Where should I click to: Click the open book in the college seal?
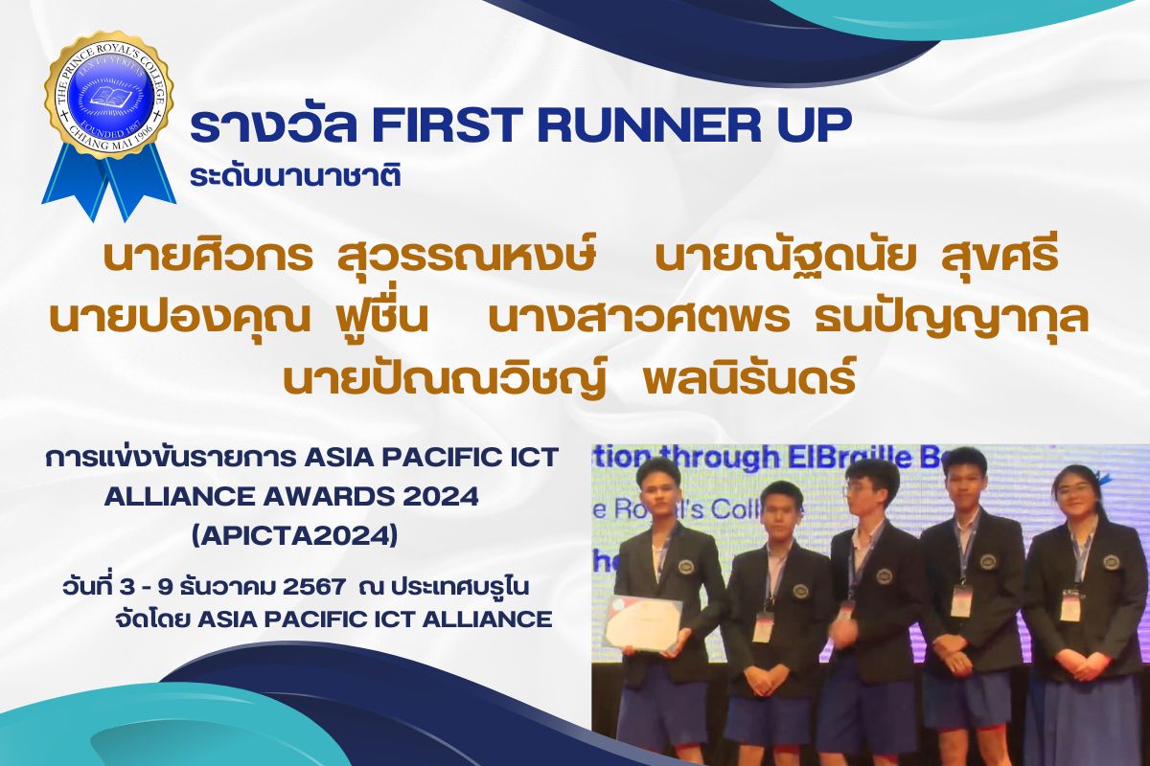108,96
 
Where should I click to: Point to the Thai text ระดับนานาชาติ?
295,174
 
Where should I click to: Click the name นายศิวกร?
209,257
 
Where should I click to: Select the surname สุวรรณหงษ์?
467,257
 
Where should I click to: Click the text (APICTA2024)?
294,537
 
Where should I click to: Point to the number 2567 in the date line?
314,587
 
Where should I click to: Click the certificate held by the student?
644,623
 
